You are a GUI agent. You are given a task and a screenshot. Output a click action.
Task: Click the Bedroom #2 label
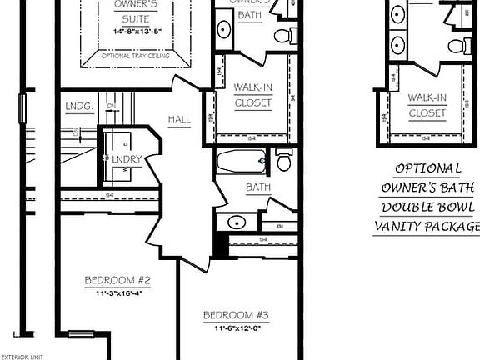tap(117, 280)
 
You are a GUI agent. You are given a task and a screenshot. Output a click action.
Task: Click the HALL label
tap(179, 120)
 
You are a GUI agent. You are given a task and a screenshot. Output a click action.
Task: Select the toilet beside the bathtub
tap(283, 159)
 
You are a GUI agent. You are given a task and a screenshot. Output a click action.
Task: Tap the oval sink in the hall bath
tap(237, 222)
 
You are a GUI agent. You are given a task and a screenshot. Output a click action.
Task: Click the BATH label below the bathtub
tap(257, 187)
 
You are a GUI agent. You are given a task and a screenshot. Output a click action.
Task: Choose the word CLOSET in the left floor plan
tap(252, 103)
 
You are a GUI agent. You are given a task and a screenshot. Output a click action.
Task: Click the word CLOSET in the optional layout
tap(427, 112)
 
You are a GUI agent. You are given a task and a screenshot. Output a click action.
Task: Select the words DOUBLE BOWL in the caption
tap(427, 207)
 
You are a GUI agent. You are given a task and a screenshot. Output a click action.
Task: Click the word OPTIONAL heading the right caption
tap(428, 167)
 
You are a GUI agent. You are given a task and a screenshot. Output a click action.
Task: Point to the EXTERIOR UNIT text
tap(23, 356)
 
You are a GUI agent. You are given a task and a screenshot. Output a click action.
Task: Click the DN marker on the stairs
tap(111, 107)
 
